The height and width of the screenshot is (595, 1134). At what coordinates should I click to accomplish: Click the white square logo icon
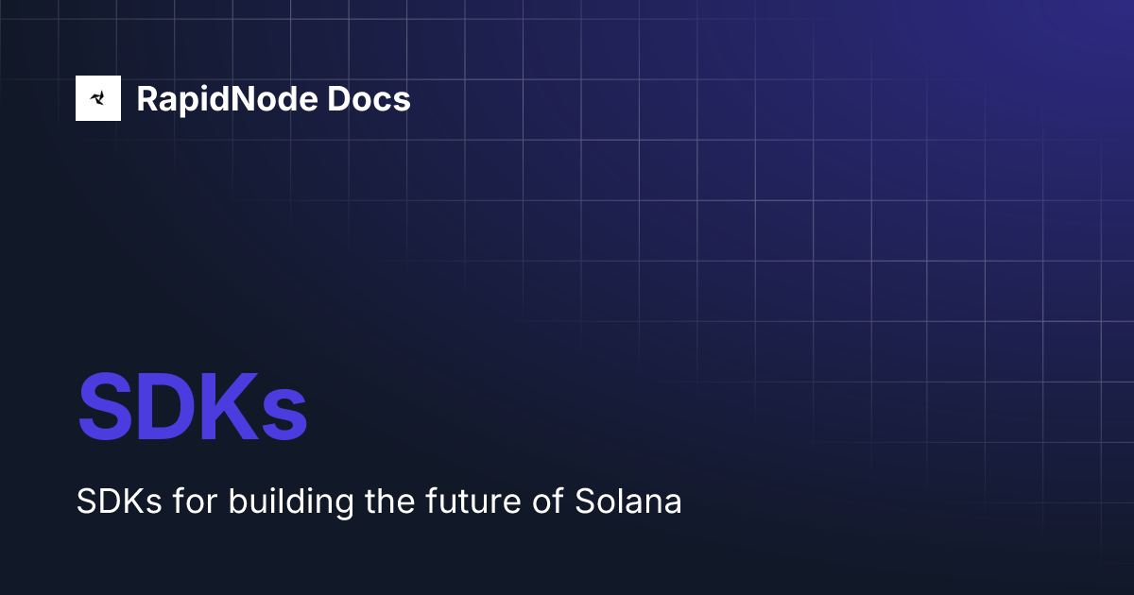click(98, 98)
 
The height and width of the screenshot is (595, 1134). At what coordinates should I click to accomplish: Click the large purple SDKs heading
click(193, 408)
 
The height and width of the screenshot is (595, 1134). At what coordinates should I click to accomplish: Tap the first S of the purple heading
click(104, 408)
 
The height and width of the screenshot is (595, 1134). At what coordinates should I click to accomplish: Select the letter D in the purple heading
click(164, 408)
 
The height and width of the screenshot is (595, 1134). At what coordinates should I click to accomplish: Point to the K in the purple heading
click(230, 408)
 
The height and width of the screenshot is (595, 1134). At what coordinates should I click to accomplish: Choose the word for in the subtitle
click(193, 501)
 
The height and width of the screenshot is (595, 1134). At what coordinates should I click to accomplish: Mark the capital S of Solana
click(584, 501)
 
